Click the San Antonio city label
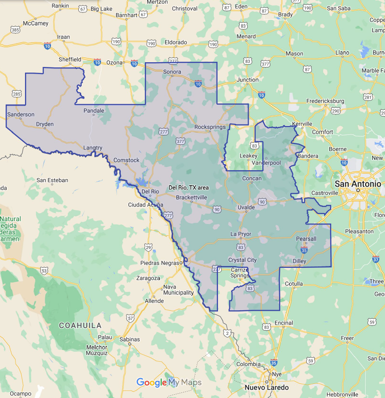358,183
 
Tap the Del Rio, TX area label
189,188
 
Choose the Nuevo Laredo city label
267,387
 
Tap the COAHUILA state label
80,325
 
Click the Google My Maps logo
169,382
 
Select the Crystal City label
243,260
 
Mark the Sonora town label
172,72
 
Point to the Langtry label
92,148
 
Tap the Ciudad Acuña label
146,205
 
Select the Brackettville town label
192,198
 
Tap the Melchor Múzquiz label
97,350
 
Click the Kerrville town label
302,124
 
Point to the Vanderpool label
266,163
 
